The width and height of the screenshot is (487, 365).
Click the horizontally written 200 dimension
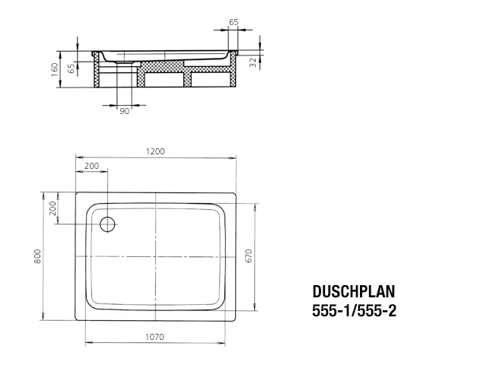click(91, 166)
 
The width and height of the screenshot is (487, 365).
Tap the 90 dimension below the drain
click(123, 112)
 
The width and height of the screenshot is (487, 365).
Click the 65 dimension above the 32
click(233, 23)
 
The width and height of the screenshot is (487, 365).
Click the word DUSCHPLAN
click(354, 291)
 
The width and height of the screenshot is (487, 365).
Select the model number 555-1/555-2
click(355, 309)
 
